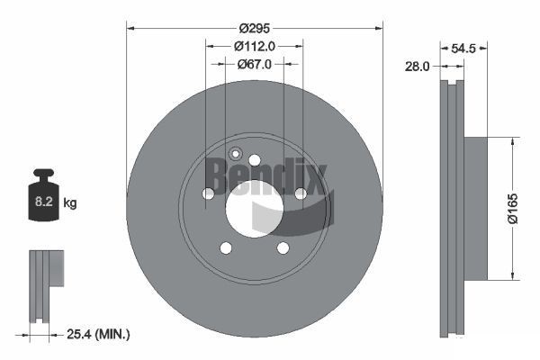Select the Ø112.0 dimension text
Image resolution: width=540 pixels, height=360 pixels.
[x=255, y=45]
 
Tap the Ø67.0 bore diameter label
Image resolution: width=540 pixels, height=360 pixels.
[x=255, y=64]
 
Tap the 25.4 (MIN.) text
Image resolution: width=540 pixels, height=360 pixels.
[x=99, y=334]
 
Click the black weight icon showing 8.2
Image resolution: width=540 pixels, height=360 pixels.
[x=43, y=197]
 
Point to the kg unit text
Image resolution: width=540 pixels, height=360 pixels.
[x=69, y=203]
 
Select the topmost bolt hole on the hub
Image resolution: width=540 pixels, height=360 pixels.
[x=255, y=160]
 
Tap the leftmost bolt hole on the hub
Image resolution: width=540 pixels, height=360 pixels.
[x=208, y=193]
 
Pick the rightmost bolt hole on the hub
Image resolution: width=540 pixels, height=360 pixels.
[x=301, y=193]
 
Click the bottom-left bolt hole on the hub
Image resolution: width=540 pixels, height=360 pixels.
[x=226, y=248]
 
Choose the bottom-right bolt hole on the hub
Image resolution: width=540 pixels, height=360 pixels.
[x=283, y=248]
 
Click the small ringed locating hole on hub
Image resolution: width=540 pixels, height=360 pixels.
[x=236, y=153]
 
